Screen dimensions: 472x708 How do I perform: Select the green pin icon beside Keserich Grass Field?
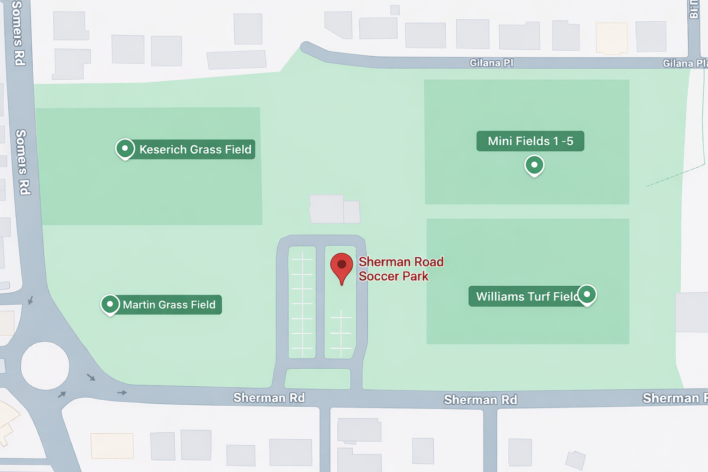click(x=125, y=149)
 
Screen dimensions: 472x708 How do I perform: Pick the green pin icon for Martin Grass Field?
click(x=110, y=304)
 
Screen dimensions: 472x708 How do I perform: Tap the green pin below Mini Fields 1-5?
click(x=534, y=165)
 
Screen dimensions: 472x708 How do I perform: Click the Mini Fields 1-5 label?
click(x=530, y=141)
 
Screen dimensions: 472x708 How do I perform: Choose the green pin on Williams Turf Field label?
click(x=587, y=295)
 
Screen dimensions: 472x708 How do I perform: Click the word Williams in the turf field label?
click(x=500, y=296)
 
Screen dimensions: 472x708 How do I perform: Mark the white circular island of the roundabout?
click(x=45, y=366)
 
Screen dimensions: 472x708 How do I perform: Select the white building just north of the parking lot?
click(x=334, y=210)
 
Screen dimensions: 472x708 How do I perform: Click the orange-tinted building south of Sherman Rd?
click(x=112, y=446)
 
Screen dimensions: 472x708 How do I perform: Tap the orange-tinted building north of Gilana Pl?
click(x=612, y=38)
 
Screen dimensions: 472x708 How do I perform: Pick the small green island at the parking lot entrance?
click(x=318, y=379)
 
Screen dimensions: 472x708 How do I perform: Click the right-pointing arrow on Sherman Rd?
click(x=122, y=393)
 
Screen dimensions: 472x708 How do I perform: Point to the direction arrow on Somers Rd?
click(x=30, y=301)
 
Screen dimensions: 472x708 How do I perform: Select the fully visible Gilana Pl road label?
click(x=491, y=63)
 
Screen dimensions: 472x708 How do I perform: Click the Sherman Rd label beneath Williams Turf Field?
click(x=480, y=400)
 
